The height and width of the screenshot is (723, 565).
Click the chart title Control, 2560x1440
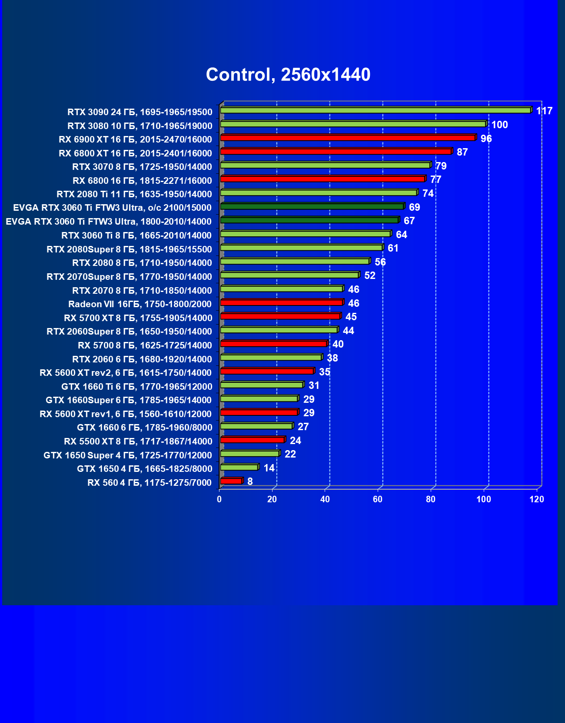coord(288,75)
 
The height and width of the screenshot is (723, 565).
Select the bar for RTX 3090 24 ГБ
coord(375,110)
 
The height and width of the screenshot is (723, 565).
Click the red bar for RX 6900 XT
coord(348,138)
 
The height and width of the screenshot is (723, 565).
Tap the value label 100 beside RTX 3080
coord(499,125)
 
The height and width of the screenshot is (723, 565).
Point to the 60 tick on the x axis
coord(378,499)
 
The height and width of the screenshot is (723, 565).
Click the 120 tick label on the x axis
coord(537,499)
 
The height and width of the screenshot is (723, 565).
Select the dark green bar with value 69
coord(312,206)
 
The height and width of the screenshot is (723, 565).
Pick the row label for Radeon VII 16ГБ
coord(140,304)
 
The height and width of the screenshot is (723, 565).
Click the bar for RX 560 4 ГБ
coord(231,481)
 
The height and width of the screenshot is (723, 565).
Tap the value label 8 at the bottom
coord(250,481)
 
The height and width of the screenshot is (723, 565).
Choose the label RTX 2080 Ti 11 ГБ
coord(134,194)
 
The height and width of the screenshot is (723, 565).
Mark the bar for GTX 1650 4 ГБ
coord(239,467)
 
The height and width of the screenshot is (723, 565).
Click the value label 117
coord(544,111)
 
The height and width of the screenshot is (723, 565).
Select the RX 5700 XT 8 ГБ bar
coord(280,316)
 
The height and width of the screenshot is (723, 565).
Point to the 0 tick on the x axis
coord(219,499)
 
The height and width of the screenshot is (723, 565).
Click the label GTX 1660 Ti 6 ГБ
coord(137,387)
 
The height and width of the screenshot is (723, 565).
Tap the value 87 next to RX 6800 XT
coord(462,153)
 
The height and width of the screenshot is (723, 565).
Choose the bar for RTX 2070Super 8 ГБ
coord(289,275)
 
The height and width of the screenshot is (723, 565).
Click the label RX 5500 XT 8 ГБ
coord(138,441)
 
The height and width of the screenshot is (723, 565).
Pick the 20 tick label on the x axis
coord(272,499)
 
